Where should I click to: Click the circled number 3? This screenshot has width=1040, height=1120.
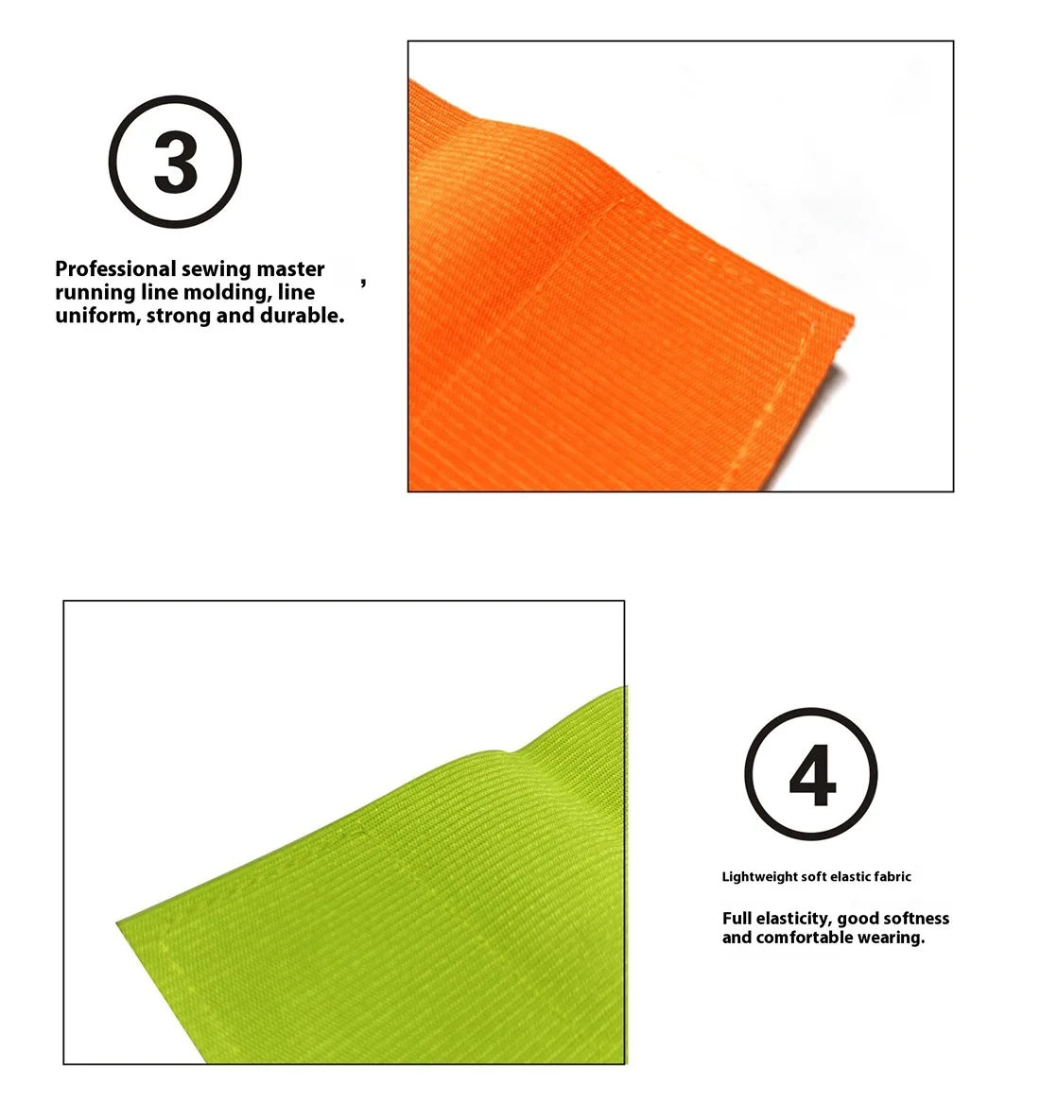[175, 162]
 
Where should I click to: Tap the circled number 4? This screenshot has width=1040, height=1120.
[810, 773]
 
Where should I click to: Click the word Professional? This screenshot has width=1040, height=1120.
[115, 269]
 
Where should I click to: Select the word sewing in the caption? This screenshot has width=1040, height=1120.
[217, 270]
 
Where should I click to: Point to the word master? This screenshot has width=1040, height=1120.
[290, 269]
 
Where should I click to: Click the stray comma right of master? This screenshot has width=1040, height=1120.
[364, 283]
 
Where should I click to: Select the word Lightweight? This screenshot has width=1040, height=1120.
[758, 877]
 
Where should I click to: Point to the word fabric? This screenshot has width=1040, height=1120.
[893, 876]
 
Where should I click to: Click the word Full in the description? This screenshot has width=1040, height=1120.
[737, 919]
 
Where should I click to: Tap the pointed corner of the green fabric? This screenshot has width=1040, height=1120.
[117, 923]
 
